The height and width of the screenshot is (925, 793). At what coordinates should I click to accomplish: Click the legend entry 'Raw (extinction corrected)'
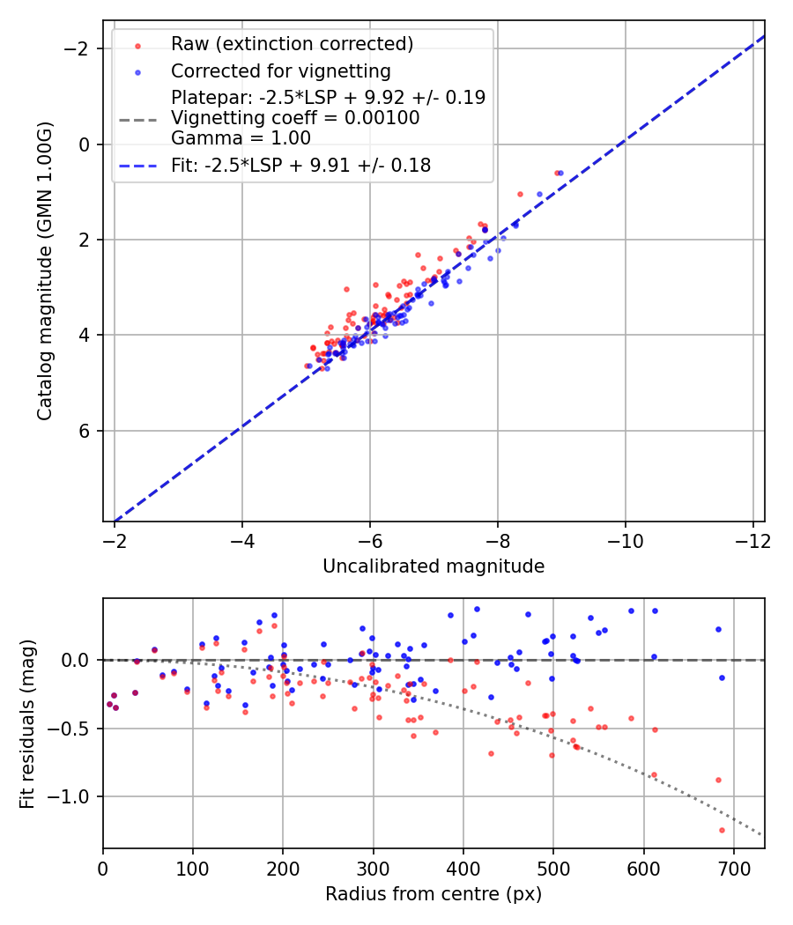[292, 44]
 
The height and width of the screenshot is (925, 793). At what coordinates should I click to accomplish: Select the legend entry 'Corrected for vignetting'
[281, 70]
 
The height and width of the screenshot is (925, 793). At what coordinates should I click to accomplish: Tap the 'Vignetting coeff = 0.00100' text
[295, 117]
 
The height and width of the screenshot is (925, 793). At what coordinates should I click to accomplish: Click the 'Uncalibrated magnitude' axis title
[434, 566]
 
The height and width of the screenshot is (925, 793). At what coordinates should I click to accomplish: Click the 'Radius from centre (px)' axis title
[434, 894]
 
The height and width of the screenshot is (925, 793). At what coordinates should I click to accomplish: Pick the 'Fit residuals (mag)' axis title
[27, 723]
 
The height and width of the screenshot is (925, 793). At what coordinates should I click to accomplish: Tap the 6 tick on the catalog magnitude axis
[84, 431]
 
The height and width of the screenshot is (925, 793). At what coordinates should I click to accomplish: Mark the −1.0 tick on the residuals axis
[71, 796]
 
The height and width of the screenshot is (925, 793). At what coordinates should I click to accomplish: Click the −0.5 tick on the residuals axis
[71, 729]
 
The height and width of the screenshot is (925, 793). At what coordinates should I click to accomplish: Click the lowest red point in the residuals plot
[722, 830]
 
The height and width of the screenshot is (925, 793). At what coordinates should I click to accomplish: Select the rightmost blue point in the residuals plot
[722, 677]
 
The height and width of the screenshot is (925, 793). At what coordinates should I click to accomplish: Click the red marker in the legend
[137, 44]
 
